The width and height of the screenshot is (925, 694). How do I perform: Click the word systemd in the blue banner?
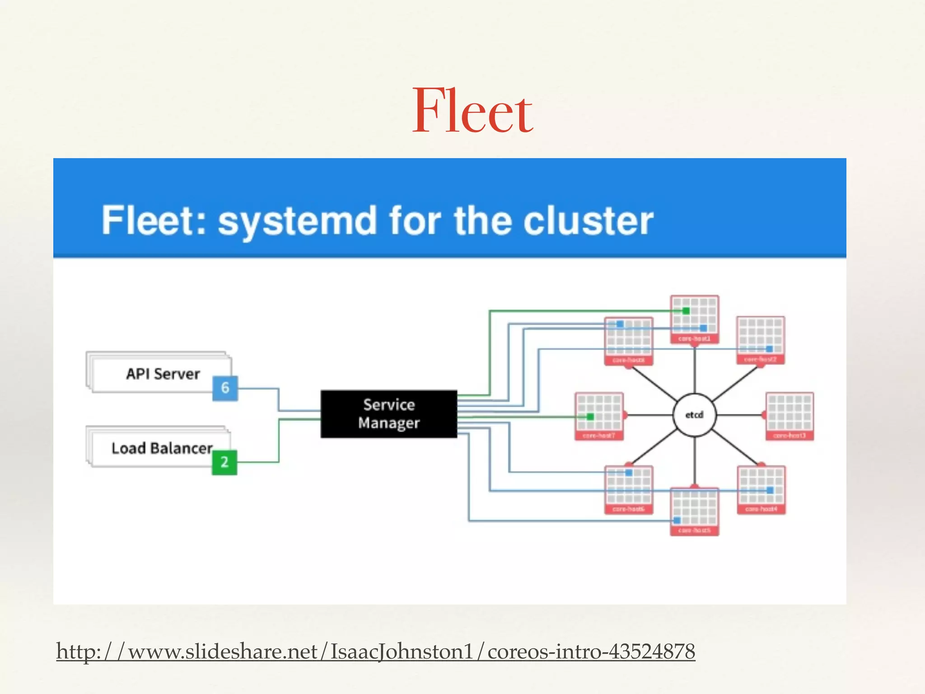coord(297,221)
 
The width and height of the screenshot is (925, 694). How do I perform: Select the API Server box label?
coord(163,374)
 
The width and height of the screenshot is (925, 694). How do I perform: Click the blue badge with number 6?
coord(225,388)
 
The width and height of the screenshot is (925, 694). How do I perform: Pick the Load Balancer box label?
coord(162,448)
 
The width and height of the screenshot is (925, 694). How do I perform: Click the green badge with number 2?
coord(224,462)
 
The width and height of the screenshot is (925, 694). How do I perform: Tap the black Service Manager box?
coord(388,414)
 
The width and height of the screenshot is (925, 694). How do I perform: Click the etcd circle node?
coord(694,415)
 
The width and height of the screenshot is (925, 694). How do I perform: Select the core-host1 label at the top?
coord(694,338)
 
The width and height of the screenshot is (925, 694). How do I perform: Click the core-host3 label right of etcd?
coord(789,436)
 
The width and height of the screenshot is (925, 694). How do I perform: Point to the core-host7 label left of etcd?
coord(598,436)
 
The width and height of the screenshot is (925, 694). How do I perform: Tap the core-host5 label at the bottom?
coord(694,530)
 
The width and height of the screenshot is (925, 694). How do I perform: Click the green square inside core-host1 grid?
coord(686,311)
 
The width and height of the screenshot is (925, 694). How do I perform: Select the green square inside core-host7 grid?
coord(590,416)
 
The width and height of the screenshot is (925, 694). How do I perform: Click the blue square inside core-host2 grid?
coord(769,349)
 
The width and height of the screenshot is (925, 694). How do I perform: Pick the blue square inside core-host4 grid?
coord(770,490)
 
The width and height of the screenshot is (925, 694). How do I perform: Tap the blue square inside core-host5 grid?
coord(677,520)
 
